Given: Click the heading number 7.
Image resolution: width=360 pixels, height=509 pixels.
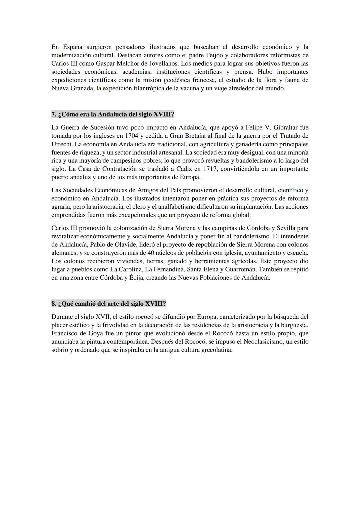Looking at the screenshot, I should pos(54,114).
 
